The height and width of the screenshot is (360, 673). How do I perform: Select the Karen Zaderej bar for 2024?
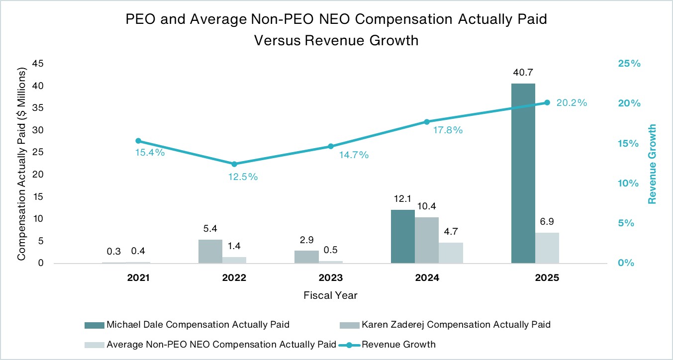click(x=427, y=240)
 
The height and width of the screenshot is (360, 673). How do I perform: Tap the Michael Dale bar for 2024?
click(x=402, y=236)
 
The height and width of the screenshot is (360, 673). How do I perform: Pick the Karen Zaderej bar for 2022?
click(x=210, y=251)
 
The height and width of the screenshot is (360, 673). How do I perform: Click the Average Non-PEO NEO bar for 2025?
click(x=547, y=248)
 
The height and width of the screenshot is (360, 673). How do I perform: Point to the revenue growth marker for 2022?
click(x=234, y=164)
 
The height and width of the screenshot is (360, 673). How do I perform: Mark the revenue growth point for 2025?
click(x=547, y=102)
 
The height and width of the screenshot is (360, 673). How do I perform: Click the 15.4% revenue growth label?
click(x=150, y=152)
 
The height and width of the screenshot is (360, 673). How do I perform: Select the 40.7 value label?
click(x=523, y=73)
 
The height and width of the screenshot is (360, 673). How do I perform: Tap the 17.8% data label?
click(x=448, y=130)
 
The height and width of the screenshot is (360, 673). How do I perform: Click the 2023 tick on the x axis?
click(x=330, y=277)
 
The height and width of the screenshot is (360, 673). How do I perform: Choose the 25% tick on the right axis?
click(x=629, y=64)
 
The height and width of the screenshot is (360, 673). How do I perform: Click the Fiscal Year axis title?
click(x=330, y=295)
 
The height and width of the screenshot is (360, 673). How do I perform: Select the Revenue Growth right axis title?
click(x=652, y=164)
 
